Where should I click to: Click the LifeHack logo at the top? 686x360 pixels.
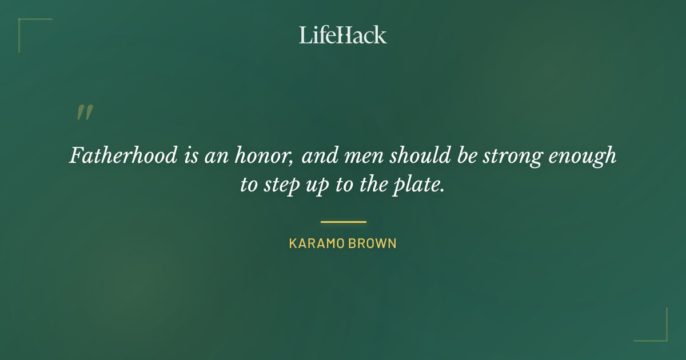343,35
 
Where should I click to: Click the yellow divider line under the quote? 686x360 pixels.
343,222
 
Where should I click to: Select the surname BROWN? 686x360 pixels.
373,243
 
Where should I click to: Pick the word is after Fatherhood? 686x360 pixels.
191,156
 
